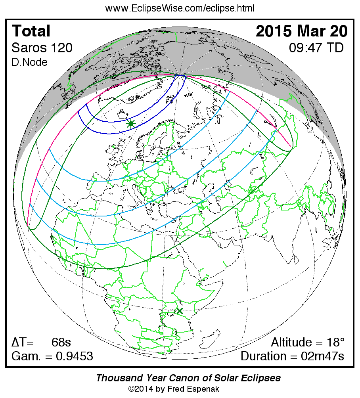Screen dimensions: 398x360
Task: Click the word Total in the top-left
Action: coord(31,31)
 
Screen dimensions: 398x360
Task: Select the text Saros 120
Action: coord(42,48)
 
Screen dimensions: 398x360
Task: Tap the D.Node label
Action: coord(30,62)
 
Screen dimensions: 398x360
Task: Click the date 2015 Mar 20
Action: coord(302,31)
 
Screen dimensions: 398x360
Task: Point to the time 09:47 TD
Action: coord(316,48)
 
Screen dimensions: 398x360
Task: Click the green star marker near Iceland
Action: coord(131,124)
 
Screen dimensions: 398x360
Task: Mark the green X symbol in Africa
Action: coord(180,311)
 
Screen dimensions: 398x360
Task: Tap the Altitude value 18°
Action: coord(335,342)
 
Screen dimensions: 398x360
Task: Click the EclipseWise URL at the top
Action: coord(180,8)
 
